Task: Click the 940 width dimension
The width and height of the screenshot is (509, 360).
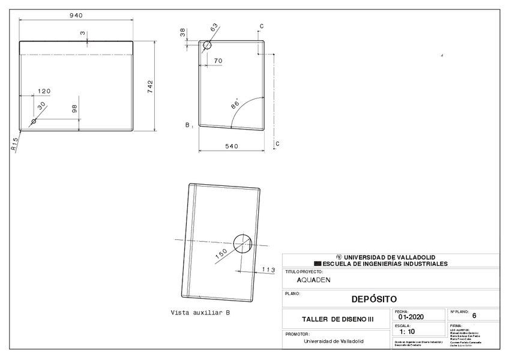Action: tap(76, 15)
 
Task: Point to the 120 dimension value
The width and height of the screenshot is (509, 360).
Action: tap(44, 91)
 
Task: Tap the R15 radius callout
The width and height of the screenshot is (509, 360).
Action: tap(15, 145)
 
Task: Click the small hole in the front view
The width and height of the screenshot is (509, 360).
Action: tap(34, 121)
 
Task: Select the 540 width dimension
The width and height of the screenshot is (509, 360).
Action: tap(231, 146)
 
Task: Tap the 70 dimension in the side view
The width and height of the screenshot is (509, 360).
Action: tap(218, 61)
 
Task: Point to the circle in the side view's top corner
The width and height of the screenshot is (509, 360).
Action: tap(207, 45)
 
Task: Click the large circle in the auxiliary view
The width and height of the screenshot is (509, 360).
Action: tap(243, 243)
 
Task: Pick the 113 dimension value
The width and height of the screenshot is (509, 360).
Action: tap(268, 270)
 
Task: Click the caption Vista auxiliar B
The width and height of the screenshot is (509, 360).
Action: tap(200, 313)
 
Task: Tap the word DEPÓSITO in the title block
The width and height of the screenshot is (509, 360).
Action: tap(373, 298)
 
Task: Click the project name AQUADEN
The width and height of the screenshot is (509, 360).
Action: tap(313, 280)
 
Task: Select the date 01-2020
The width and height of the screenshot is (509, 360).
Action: tap(411, 317)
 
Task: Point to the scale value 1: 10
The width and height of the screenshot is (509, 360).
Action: tap(406, 331)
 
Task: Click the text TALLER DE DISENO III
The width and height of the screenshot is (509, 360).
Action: tap(337, 319)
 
